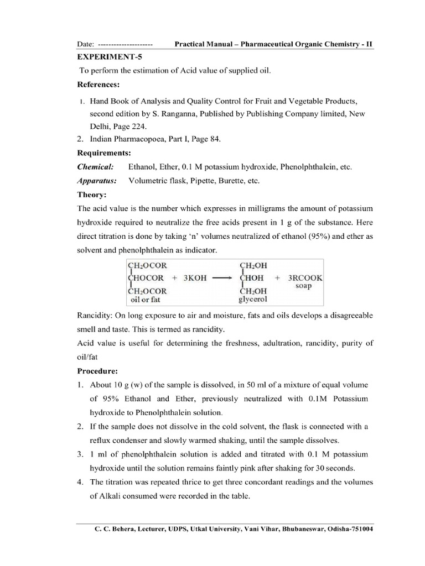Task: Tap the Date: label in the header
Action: pyautogui.click(x=85, y=43)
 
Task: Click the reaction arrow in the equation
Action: pyautogui.click(x=221, y=278)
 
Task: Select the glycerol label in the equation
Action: pyautogui.click(x=253, y=300)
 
